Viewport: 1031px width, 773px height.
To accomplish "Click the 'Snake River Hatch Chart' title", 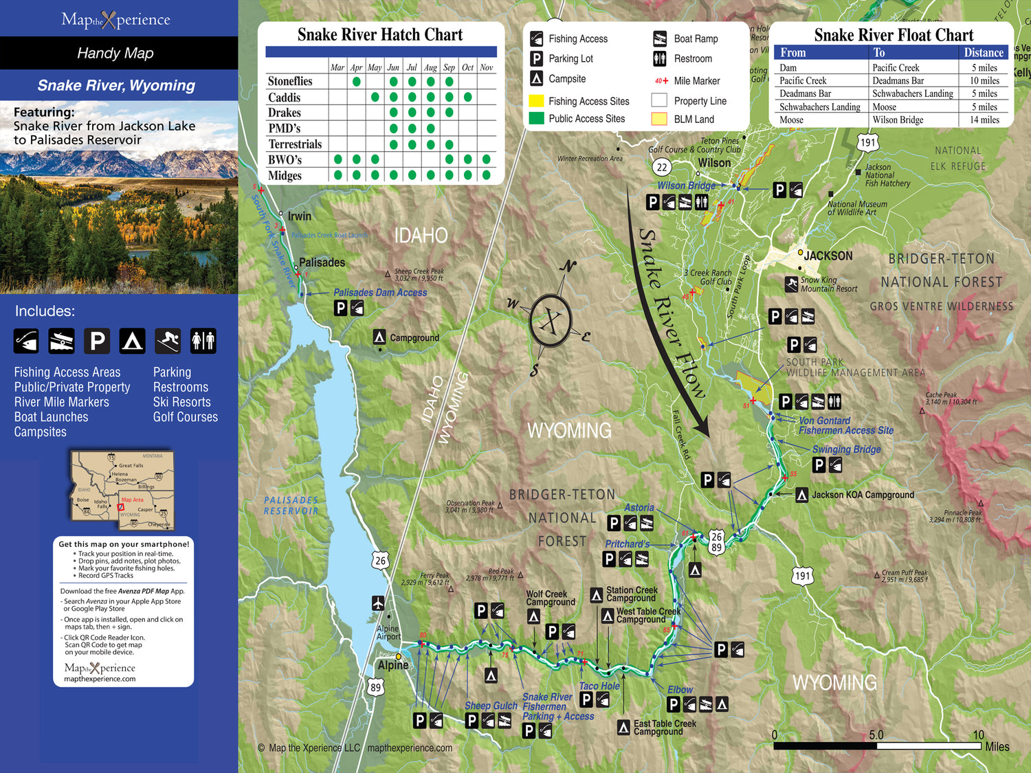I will click(x=380, y=35).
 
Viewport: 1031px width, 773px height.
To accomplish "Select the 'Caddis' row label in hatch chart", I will click(x=285, y=98).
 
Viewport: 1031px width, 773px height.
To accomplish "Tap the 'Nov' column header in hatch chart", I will click(x=487, y=67).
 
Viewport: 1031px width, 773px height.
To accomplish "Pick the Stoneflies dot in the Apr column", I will click(x=356, y=82).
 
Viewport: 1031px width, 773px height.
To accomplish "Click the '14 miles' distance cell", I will click(x=984, y=120).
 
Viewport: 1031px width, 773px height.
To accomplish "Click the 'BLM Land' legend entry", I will click(x=694, y=119).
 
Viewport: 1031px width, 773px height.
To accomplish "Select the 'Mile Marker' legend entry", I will click(x=696, y=80).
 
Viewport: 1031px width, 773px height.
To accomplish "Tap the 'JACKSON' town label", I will click(x=828, y=256).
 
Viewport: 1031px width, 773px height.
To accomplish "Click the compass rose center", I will click(x=551, y=321).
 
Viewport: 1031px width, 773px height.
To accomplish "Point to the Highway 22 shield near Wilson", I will click(x=661, y=167).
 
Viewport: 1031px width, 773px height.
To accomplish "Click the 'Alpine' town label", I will click(x=393, y=665).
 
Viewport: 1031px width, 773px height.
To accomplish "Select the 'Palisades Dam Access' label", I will click(x=380, y=293).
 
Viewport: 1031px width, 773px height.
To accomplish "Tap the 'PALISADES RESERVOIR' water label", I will click(x=291, y=506).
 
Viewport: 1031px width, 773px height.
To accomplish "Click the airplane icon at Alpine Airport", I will click(x=378, y=603).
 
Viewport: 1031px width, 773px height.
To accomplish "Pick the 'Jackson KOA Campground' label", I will click(x=863, y=495).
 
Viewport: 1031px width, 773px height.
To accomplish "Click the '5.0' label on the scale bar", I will click(x=876, y=735).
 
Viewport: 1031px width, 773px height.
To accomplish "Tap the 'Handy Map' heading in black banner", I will click(x=115, y=53).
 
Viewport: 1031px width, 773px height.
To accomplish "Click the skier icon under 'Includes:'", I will click(x=168, y=341).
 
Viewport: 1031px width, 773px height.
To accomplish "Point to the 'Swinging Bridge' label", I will click(x=846, y=449).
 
